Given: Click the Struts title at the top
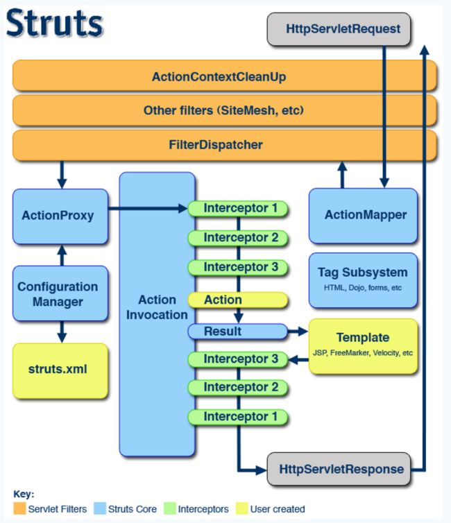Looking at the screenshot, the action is point(55,23).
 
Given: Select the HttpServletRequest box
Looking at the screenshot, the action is point(339,29).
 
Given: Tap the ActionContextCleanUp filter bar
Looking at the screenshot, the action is point(225,76).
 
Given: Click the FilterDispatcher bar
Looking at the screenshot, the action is point(225,145).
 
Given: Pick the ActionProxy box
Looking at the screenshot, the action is point(60,216).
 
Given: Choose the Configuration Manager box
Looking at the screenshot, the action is point(60,293).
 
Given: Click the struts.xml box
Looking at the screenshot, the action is point(60,371).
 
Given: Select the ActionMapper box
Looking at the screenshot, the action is point(363,216).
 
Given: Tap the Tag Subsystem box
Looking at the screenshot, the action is point(363,280).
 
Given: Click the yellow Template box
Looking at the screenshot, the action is point(363,346).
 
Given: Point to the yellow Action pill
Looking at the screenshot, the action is point(238,300).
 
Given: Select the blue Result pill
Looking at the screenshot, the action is point(238,332).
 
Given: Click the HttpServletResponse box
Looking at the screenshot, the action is point(339,469).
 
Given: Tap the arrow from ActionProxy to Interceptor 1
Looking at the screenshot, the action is point(148,209).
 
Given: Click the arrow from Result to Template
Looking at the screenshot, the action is point(298,332).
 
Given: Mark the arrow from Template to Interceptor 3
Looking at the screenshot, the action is point(298,359).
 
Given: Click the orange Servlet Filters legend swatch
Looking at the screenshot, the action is point(19,508).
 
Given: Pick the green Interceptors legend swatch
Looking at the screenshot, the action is point(170,508).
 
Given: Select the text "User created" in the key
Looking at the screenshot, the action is point(278,509).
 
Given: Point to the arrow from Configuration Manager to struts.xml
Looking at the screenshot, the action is point(62,332).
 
